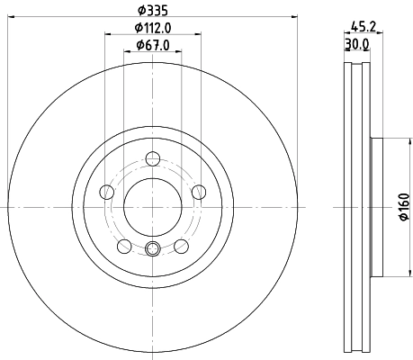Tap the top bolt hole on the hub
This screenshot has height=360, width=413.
coord(152,159)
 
